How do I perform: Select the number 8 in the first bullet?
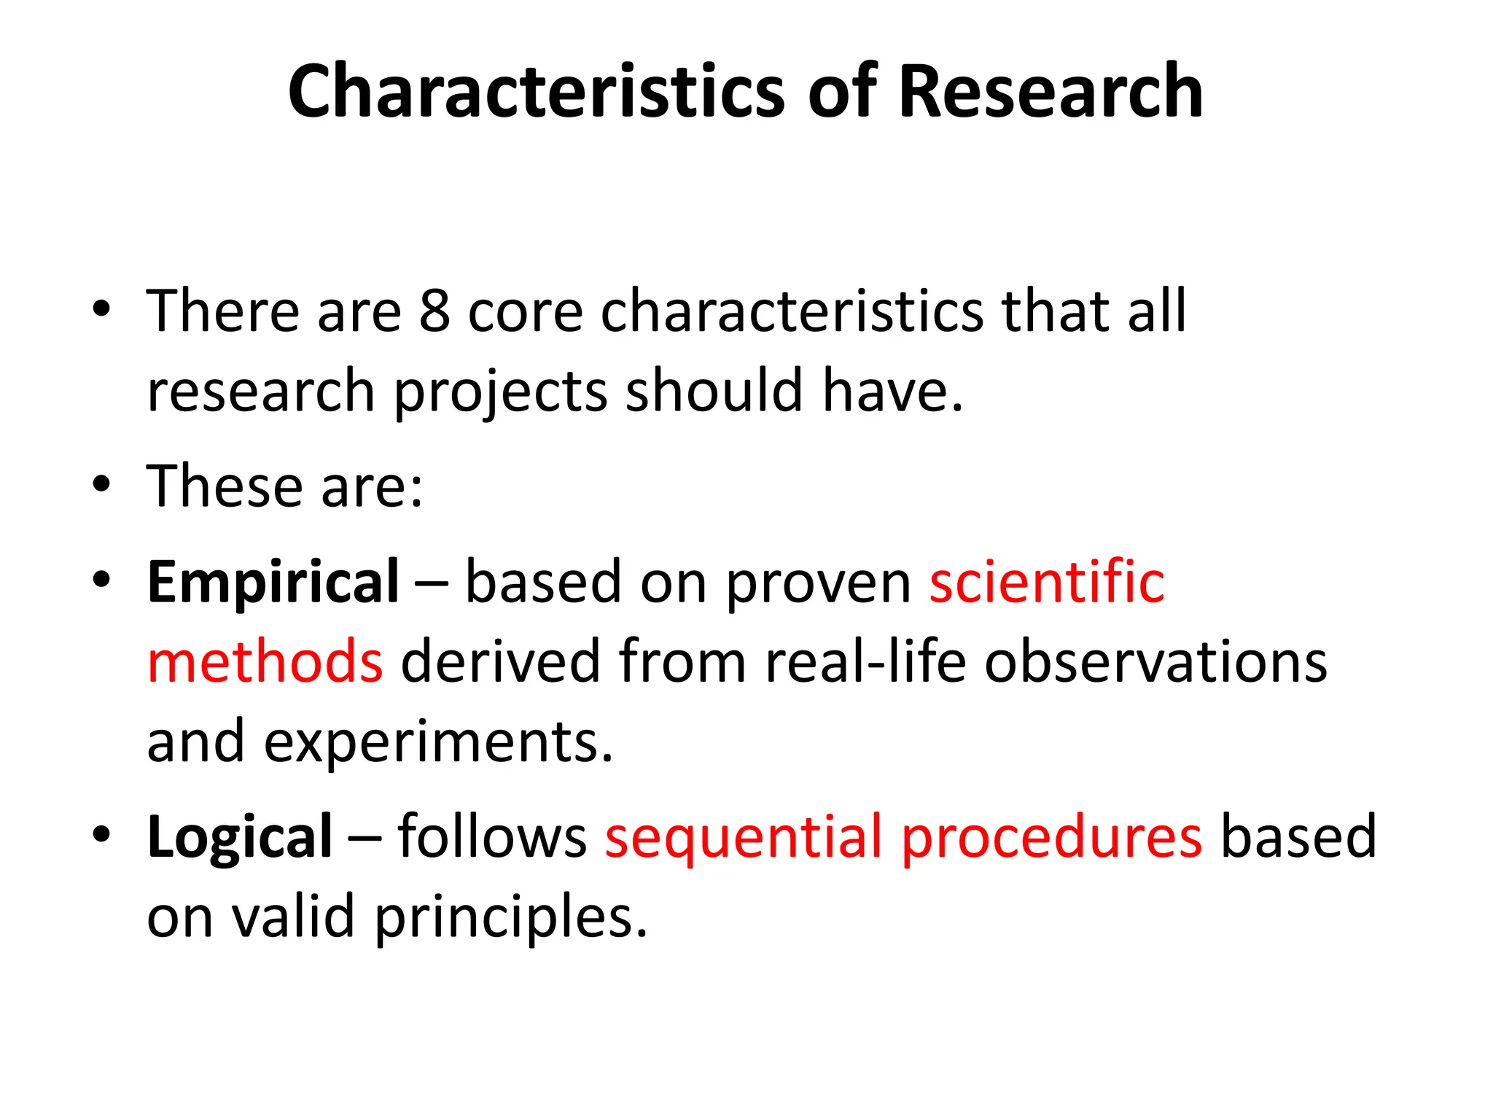click(x=434, y=311)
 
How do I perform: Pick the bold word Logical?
click(x=240, y=837)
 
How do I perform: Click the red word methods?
click(x=265, y=661)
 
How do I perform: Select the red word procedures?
click(x=1052, y=837)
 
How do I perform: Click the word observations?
click(x=1155, y=661)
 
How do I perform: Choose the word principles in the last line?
click(x=510, y=917)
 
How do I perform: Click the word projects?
click(x=500, y=392)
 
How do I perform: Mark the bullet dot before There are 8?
click(x=101, y=308)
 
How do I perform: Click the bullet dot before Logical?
click(x=101, y=833)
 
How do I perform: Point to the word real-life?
click(x=865, y=661)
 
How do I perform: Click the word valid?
click(x=293, y=917)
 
